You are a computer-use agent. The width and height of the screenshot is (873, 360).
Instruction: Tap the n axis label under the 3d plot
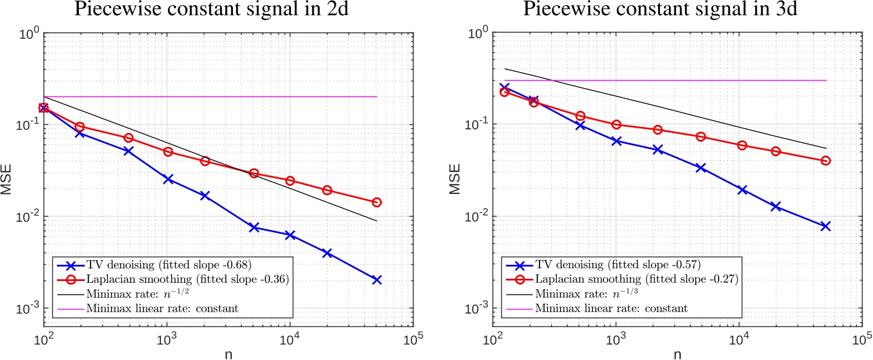pyautogui.click(x=677, y=352)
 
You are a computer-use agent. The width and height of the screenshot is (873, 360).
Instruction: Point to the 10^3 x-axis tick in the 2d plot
pyautogui.click(x=167, y=339)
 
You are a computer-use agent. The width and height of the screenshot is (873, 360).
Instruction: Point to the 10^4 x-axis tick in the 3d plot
pyautogui.click(x=739, y=339)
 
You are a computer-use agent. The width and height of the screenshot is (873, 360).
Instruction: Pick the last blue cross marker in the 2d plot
pyautogui.click(x=377, y=280)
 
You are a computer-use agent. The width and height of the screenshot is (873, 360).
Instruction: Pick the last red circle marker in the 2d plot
pyautogui.click(x=377, y=202)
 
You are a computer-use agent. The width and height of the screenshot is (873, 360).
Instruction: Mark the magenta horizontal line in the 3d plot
pyautogui.click(x=697, y=80)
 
